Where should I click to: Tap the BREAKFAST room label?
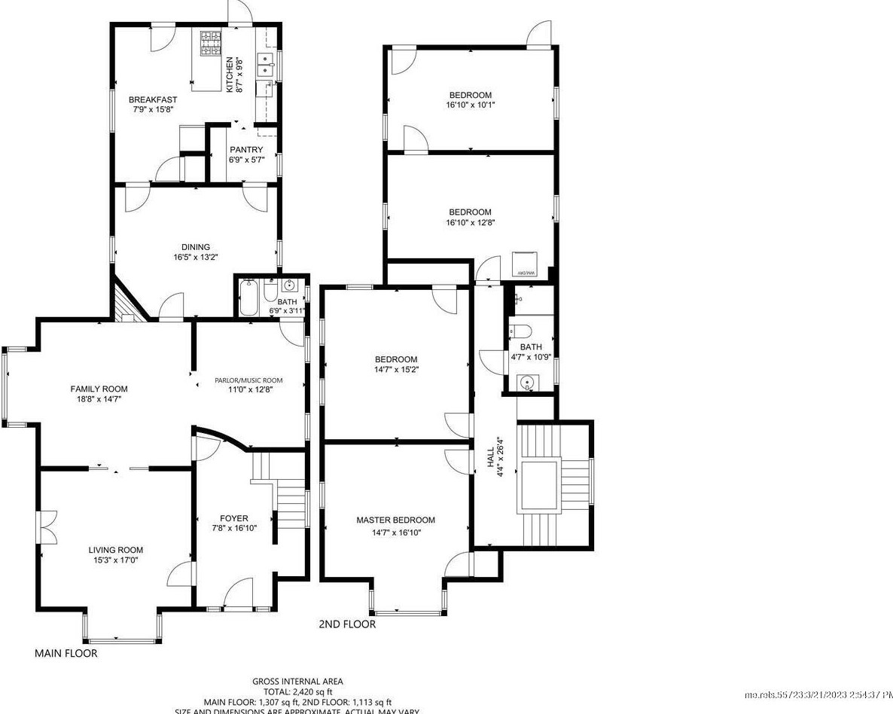(x=153, y=99)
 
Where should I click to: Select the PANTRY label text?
(x=246, y=150)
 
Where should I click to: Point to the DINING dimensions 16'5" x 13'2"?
(x=195, y=257)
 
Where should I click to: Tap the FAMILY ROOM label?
(x=99, y=389)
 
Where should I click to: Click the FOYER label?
(x=233, y=518)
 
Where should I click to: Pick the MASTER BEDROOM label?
(x=395, y=520)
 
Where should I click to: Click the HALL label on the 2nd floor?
(x=490, y=455)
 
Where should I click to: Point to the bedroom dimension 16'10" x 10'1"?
(x=470, y=105)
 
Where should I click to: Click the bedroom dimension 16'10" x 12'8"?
(x=470, y=223)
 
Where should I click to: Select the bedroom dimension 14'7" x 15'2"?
(x=396, y=370)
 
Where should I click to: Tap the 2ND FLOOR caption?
(x=347, y=624)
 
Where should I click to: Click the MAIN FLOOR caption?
(x=66, y=653)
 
